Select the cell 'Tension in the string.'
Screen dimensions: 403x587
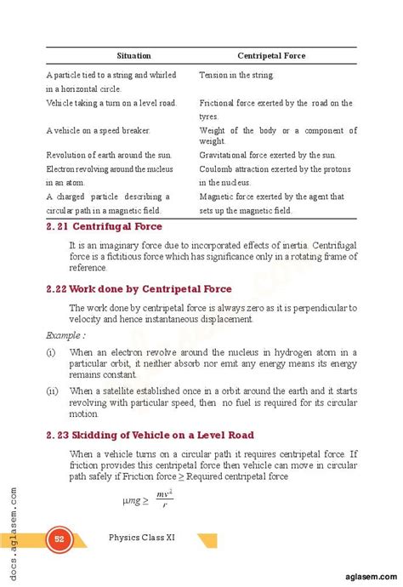click(236, 76)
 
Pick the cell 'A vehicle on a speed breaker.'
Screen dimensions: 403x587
click(99, 130)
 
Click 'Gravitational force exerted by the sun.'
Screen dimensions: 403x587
click(268, 156)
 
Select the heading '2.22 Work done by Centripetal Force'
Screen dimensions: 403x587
click(139, 289)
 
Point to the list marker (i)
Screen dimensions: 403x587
click(51, 352)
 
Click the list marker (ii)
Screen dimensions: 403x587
click(52, 391)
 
